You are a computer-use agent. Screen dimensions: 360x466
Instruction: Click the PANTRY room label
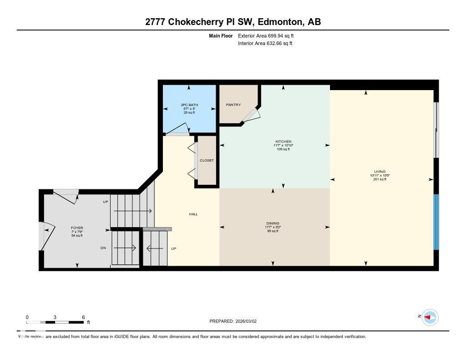[233, 105]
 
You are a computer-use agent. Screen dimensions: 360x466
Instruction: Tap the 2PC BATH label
[189, 105]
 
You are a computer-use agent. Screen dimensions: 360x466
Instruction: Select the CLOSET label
[207, 161]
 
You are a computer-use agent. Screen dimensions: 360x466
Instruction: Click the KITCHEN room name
[283, 142]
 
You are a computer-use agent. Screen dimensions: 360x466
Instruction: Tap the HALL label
[193, 214]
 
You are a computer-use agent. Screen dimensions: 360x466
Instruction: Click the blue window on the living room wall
[436, 222]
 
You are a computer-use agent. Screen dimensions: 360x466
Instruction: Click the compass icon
[430, 317]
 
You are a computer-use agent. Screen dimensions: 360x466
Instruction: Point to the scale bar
[55, 322]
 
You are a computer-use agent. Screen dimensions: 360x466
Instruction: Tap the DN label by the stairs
[103, 248]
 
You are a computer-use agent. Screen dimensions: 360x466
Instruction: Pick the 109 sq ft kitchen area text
[283, 149]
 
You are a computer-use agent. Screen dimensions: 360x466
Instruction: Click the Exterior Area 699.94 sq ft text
[265, 35]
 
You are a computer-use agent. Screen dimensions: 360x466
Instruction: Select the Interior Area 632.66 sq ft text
[265, 44]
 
